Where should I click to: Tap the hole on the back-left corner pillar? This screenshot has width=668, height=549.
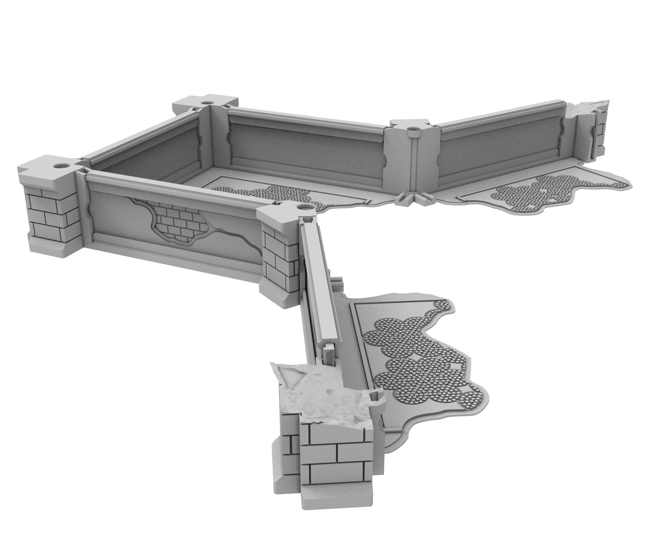click(x=208, y=103)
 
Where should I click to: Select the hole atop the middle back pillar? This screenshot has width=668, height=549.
click(x=413, y=129)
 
